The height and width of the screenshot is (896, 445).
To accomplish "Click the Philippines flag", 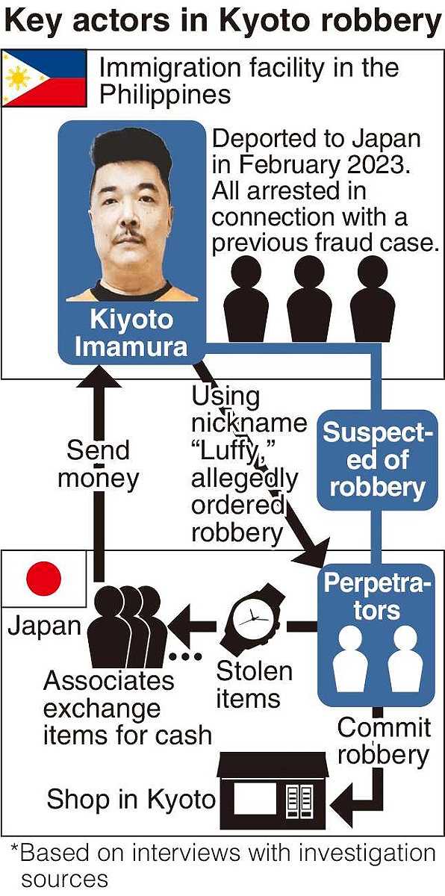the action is pyautogui.click(x=44, y=78).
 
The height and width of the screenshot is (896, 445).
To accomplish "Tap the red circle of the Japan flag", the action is pyautogui.click(x=43, y=579).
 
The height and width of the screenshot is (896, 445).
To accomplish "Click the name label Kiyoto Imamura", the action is pyautogui.click(x=131, y=333).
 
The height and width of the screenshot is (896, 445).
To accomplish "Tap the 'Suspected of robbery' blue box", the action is pyautogui.click(x=377, y=460).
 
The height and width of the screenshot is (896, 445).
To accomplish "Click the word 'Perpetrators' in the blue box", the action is pyautogui.click(x=377, y=597).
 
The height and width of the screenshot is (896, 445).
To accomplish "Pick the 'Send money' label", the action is pyautogui.click(x=98, y=464).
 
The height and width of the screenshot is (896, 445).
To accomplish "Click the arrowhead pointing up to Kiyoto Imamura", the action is pyautogui.click(x=99, y=377).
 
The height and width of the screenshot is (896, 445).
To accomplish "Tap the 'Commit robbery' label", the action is pyautogui.click(x=384, y=741).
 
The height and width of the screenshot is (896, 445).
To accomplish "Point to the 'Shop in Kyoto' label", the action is pyautogui.click(x=131, y=798).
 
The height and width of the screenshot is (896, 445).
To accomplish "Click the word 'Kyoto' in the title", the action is pyautogui.click(x=263, y=21).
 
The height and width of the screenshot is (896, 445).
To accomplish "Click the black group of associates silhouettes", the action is pyautogui.click(x=127, y=626).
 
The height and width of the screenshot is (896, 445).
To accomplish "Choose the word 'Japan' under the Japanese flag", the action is pyautogui.click(x=44, y=626).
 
